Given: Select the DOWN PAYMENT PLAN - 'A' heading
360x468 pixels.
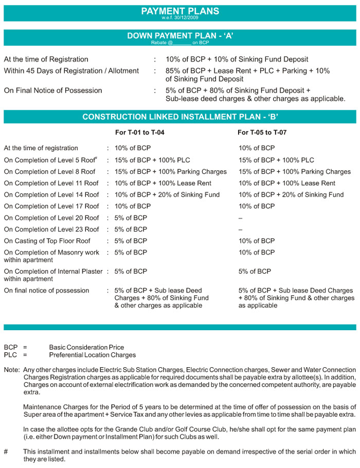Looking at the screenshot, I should tap(179, 36).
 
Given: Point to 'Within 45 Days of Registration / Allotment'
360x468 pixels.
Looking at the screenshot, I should tap(71, 70).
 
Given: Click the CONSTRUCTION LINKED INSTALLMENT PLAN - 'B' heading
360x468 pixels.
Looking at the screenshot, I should tap(179, 117).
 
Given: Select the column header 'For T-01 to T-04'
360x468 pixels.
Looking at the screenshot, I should tap(140, 133).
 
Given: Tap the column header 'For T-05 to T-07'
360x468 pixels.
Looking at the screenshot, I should tap(262, 133).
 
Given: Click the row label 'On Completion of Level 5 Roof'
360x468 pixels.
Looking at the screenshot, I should tap(51, 160).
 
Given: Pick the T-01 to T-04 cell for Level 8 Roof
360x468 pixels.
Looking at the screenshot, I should tap(170, 172).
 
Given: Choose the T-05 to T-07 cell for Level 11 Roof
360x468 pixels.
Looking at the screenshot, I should tap(286, 183).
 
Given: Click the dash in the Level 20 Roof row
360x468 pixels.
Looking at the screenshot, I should tap(240, 218).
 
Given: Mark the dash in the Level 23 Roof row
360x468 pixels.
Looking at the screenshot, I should tap(240, 229).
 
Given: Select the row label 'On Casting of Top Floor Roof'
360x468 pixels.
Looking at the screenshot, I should tap(47, 241).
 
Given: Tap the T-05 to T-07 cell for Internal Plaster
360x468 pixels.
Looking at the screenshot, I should tap(255, 271).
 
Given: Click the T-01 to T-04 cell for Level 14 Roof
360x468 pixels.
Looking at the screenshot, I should tap(167, 195).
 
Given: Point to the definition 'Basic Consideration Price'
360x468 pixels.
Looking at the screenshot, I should tap(86, 347).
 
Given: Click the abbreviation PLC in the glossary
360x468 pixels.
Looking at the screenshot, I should tap(10, 355).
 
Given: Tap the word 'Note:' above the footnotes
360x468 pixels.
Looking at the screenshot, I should tap(12, 370).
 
